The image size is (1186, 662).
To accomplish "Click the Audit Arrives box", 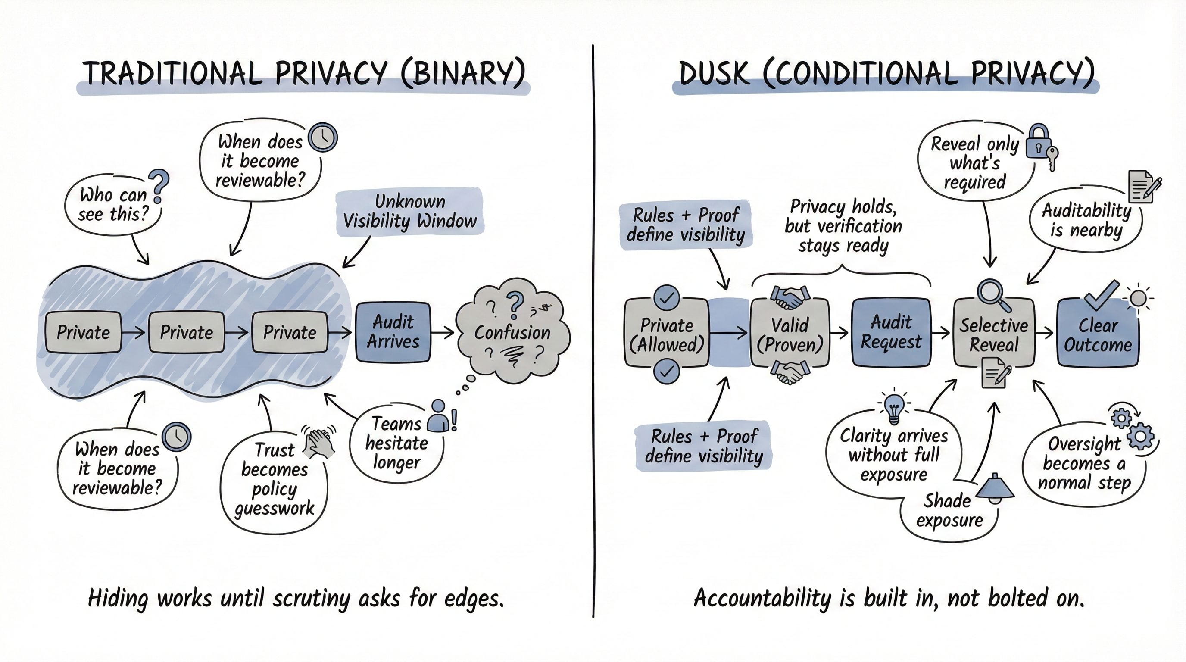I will click(393, 331).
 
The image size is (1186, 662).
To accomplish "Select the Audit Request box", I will click(891, 332).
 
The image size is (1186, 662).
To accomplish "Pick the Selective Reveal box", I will click(993, 335).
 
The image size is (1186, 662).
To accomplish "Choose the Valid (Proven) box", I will click(790, 335).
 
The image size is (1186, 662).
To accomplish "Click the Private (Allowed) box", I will click(666, 335).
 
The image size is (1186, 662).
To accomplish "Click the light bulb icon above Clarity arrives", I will click(894, 407).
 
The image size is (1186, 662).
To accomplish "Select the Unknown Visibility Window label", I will click(409, 211).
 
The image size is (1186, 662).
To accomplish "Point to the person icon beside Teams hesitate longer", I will click(438, 416).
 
